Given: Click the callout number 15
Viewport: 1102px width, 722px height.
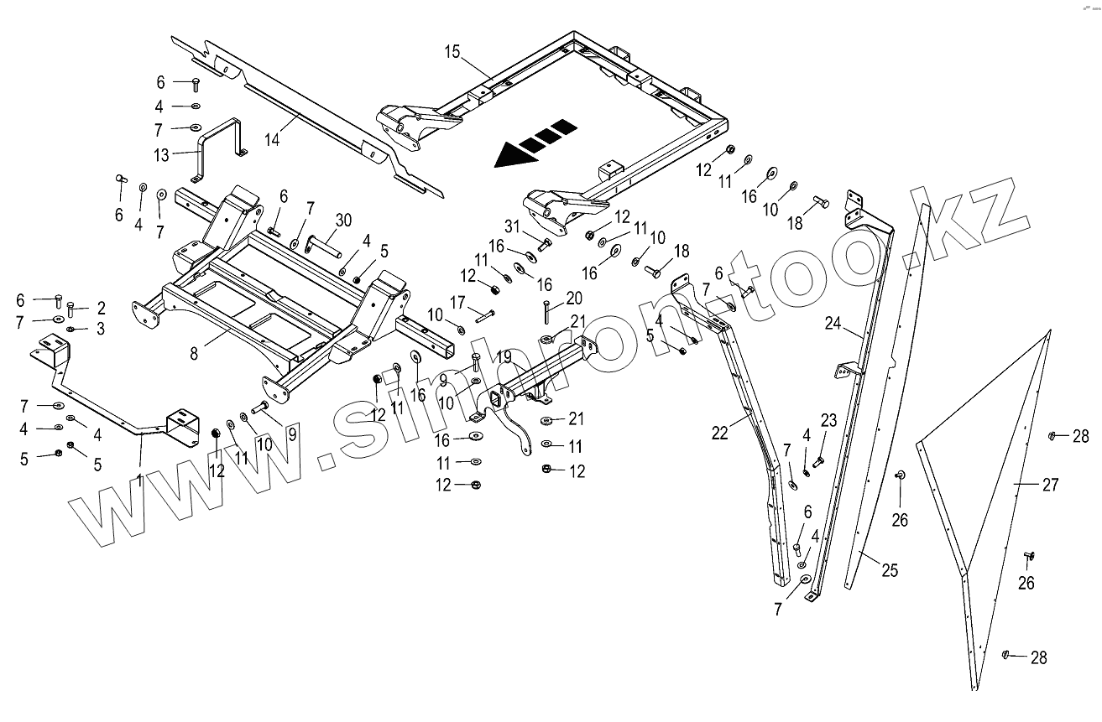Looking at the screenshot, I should point(452,51).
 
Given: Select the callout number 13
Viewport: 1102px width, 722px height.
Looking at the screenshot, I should point(161,154).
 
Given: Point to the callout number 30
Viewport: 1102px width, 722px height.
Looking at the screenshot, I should point(342,220).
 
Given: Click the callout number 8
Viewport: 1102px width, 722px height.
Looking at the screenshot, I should point(196,353).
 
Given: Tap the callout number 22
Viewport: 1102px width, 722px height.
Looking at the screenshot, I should point(720,433).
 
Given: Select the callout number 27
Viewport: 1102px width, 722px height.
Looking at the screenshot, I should point(1050,485).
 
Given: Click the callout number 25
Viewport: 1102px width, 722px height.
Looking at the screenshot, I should point(889,571).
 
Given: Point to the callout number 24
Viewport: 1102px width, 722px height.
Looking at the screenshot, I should point(833,322).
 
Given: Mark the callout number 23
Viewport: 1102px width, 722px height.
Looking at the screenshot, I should point(828,421).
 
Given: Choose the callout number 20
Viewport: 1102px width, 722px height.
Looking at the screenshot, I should point(574,298).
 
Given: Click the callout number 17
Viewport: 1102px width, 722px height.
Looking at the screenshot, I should point(457,301).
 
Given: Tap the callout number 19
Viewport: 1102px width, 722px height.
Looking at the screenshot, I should point(503,356).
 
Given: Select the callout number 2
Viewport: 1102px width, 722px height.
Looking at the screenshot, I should point(101,307).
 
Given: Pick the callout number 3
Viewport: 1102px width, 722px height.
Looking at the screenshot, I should point(101,329).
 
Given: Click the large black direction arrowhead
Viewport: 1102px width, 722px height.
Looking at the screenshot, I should point(510,154).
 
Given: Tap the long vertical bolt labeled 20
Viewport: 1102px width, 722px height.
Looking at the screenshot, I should point(546,312).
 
